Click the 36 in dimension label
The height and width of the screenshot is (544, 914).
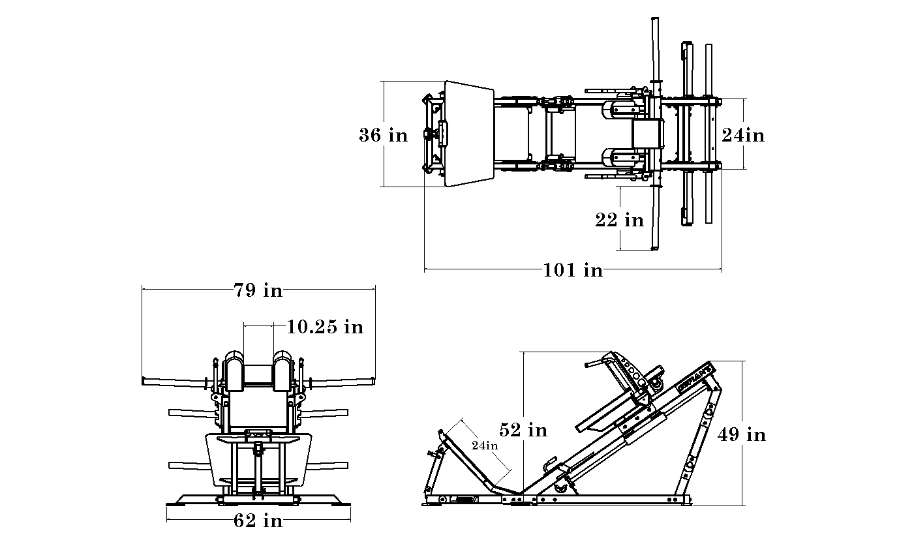(x=383, y=135)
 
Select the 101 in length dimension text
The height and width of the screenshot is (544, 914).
(x=573, y=270)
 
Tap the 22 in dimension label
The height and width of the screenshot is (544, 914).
(x=619, y=220)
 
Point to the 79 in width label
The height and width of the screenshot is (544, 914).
(x=258, y=290)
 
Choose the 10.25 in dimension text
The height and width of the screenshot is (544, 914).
(x=325, y=326)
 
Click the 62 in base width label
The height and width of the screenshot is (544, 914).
(x=258, y=521)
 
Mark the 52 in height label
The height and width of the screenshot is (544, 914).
(x=523, y=430)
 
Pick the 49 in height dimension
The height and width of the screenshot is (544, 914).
(x=742, y=434)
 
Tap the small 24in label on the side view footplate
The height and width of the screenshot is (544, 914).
(x=485, y=446)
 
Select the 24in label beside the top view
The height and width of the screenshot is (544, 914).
(x=742, y=135)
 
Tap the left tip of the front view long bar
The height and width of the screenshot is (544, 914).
(x=145, y=380)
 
